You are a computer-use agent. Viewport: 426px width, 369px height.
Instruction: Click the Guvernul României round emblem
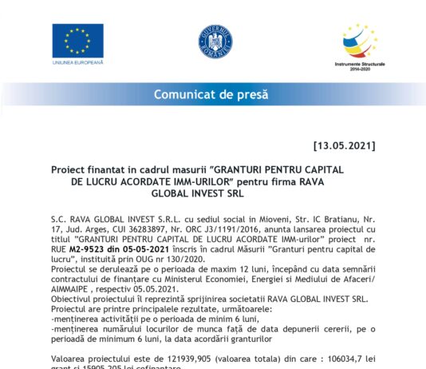pyautogui.click(x=215, y=40)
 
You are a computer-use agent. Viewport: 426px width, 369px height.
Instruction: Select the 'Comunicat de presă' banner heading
pyautogui.click(x=213, y=95)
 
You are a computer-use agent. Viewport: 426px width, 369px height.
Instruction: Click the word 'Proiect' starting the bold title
pyautogui.click(x=70, y=170)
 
